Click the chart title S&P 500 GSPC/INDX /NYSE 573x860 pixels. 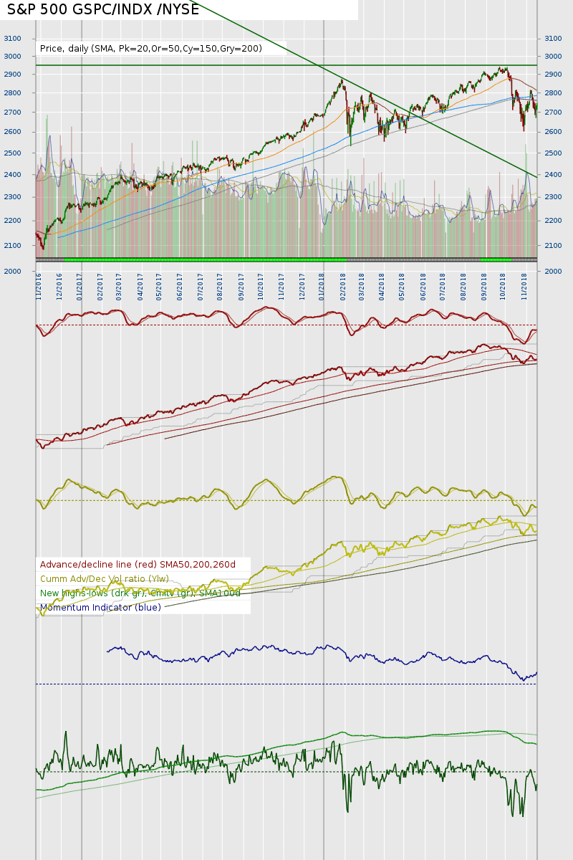103,10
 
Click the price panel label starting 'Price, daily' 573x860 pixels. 150,49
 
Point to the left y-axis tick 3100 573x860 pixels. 12,39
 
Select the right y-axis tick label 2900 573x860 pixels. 554,75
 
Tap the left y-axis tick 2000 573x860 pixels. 12,272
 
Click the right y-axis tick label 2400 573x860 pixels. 554,175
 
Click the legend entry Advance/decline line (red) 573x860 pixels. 138,565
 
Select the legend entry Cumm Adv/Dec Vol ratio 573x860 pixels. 105,579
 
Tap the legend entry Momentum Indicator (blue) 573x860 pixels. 100,608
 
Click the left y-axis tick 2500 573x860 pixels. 12,153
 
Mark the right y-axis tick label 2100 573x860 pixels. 554,246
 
